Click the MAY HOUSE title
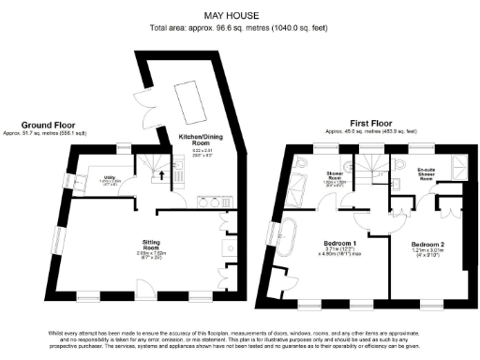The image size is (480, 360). tap(239, 15)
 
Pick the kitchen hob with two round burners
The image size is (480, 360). tap(217, 200)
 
